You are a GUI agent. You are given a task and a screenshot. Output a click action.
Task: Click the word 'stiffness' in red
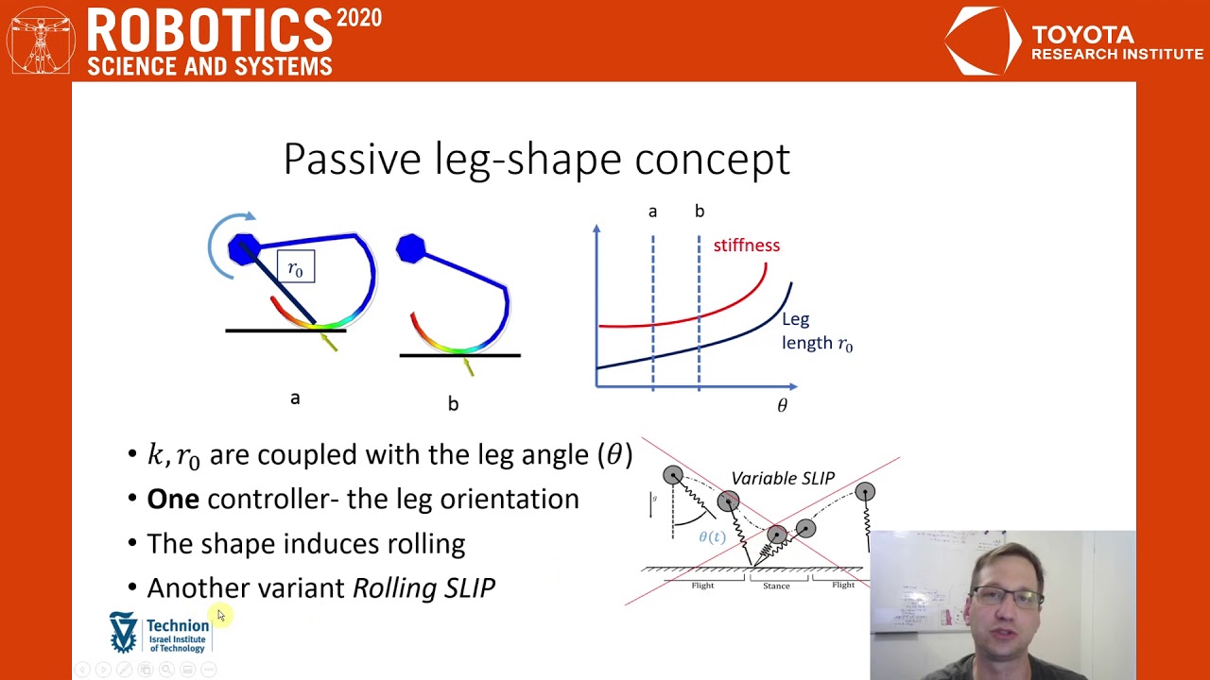click(746, 246)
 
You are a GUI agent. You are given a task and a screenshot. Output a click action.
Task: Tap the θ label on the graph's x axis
click(782, 406)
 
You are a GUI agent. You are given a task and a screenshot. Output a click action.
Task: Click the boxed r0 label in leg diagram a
click(296, 268)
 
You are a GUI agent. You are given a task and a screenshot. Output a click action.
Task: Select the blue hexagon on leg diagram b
click(411, 248)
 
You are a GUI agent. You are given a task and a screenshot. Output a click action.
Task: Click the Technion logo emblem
click(124, 632)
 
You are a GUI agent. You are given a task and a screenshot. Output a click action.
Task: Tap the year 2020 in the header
click(358, 19)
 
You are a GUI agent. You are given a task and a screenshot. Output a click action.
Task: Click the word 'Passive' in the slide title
click(354, 159)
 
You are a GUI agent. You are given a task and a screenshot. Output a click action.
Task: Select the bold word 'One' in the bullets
click(172, 499)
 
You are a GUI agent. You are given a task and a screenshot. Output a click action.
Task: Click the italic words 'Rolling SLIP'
click(423, 587)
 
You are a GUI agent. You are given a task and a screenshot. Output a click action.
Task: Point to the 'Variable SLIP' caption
click(782, 478)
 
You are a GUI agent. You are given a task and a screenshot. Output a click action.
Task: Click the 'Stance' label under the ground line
click(776, 586)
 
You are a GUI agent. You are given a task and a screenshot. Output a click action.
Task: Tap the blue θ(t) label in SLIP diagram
click(712, 536)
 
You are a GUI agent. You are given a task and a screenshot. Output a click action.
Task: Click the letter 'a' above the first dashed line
click(652, 212)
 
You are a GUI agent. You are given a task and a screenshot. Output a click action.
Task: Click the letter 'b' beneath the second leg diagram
click(453, 404)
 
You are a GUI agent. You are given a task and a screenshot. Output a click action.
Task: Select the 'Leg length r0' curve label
click(816, 331)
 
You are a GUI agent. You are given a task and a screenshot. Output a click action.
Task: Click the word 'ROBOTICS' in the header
click(209, 31)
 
